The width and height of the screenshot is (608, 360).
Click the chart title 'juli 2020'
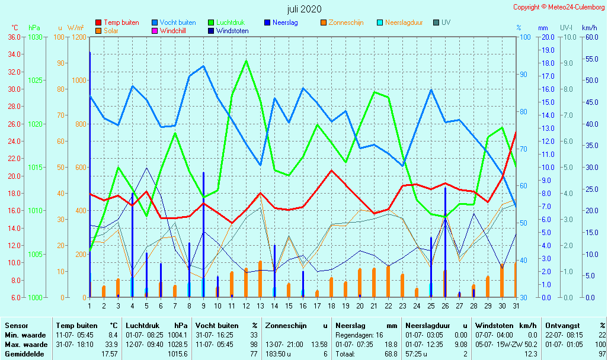(304, 9)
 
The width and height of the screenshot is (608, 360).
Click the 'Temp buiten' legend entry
(121, 22)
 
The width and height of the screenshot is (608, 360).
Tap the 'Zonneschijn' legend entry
(345, 22)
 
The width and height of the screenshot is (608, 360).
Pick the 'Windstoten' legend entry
(232, 31)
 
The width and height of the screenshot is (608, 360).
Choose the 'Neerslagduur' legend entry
(404, 22)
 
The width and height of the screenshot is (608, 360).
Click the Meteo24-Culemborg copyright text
(559, 7)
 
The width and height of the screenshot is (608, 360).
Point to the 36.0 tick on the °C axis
(14, 37)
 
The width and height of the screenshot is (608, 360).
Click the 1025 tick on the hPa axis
(35, 80)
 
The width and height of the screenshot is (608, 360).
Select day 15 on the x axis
(289, 306)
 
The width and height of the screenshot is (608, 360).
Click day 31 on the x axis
(516, 306)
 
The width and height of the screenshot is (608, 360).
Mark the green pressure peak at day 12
(246, 61)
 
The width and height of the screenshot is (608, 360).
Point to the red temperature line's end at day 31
(516, 132)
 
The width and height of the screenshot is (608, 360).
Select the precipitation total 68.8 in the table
(389, 353)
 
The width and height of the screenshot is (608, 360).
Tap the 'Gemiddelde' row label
(25, 353)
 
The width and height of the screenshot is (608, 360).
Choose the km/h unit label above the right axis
(589, 28)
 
